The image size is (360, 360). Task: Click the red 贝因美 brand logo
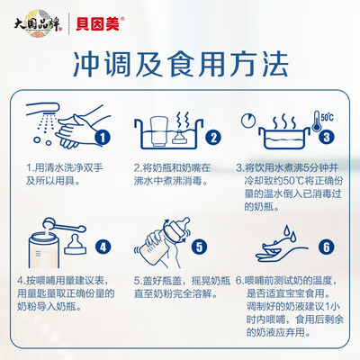click(x=98, y=24)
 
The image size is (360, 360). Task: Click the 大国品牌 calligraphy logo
click(x=38, y=24)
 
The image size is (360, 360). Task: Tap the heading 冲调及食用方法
click(x=181, y=65)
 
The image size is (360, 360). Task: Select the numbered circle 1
click(x=103, y=138)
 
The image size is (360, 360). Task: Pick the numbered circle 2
click(x=213, y=138)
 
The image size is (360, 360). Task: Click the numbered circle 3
click(x=327, y=137)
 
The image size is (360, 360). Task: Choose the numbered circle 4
click(x=103, y=247)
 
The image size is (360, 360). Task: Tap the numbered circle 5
click(x=200, y=247)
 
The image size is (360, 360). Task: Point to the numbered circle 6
click(x=327, y=247)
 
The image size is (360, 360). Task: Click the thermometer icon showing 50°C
click(x=317, y=121)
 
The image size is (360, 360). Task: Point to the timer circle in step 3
click(x=248, y=121)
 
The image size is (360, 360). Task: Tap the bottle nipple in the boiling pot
click(x=180, y=138)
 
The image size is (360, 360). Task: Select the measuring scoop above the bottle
click(x=64, y=225)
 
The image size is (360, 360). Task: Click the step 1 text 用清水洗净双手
click(x=69, y=167)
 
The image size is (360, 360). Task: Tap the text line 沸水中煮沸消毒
click(x=171, y=181)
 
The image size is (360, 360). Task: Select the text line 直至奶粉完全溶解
click(x=175, y=293)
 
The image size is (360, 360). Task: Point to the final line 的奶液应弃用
click(x=278, y=332)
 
